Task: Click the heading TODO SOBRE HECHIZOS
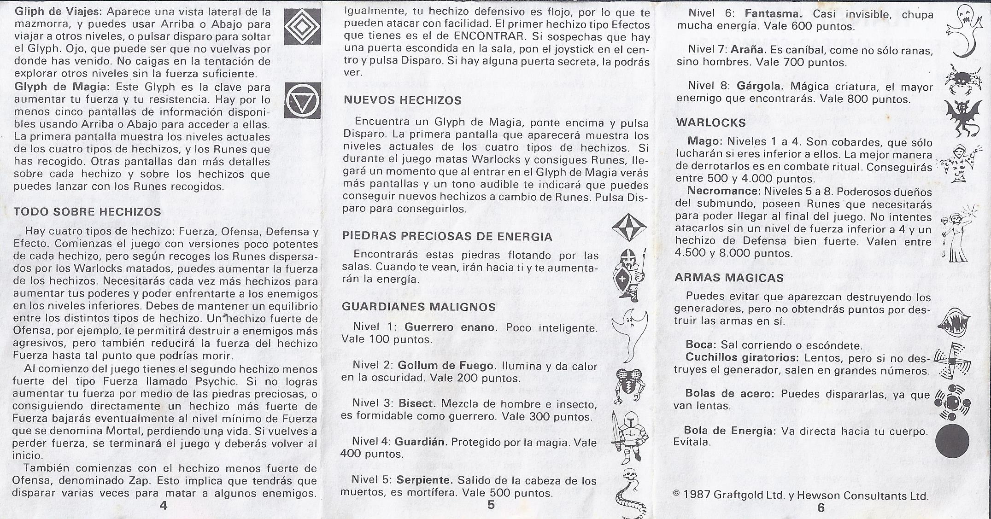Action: point(88,212)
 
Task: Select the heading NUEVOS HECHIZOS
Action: point(403,100)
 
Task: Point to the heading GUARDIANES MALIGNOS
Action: point(419,307)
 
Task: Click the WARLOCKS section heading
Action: point(710,123)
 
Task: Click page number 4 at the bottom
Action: point(163,505)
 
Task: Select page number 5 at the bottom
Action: point(491,505)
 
